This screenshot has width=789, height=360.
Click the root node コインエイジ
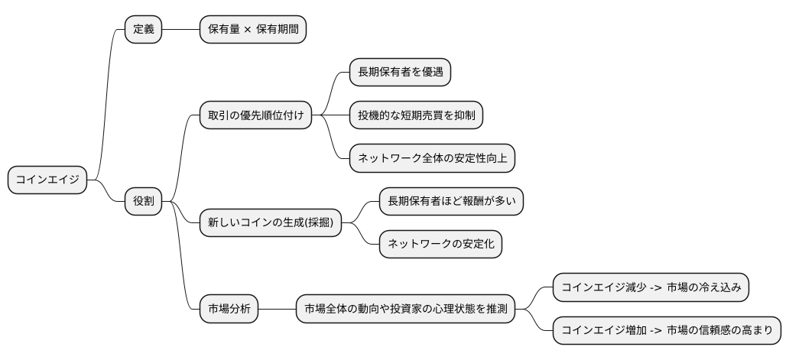[47, 180]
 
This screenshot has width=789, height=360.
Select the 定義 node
[143, 30]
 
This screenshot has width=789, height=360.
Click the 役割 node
[143, 202]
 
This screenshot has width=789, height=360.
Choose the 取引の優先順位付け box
[255, 115]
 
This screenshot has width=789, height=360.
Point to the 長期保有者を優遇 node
[399, 73]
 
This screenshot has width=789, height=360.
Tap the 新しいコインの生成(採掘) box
[270, 223]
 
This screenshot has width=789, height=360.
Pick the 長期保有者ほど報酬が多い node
[451, 202]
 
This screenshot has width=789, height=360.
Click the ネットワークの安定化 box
[440, 245]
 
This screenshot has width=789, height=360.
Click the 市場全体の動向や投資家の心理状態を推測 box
[405, 310]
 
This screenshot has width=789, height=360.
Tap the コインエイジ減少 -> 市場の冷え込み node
[651, 287]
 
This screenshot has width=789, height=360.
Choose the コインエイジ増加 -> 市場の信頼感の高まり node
[667, 331]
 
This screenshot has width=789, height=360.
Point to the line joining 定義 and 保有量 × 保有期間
[180, 30]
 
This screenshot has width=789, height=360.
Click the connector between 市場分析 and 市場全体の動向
[278, 310]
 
